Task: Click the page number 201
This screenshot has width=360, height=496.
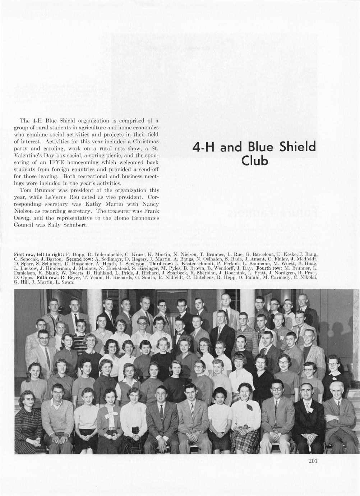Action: pyautogui.click(x=313, y=462)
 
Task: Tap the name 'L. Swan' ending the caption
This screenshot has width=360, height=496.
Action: pyautogui.click(x=65, y=282)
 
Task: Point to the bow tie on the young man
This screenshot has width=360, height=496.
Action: pyautogui.click(x=179, y=332)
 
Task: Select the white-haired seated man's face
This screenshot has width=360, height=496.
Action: pyautogui.click(x=337, y=389)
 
